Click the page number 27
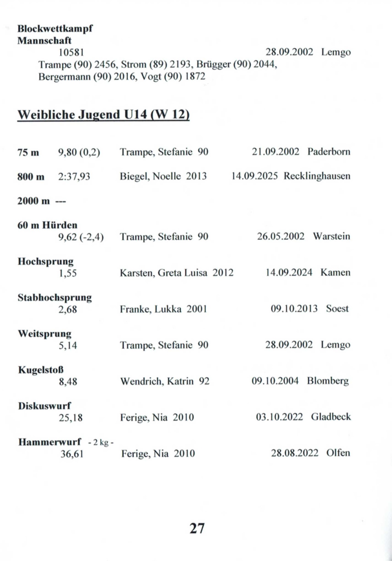click(197, 528)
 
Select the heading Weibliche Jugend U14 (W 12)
click(103, 115)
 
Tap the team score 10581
click(71, 52)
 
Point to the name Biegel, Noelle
click(150, 176)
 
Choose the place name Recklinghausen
click(317, 176)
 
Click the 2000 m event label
click(33, 201)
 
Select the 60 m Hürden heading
click(47, 225)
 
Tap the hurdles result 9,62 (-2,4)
click(81, 237)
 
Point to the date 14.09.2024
click(289, 273)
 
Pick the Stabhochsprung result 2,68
click(67, 310)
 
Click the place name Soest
click(337, 309)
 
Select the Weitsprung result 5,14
click(68, 345)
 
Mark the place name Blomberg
click(328, 381)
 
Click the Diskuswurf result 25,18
click(71, 418)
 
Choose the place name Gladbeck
click(331, 417)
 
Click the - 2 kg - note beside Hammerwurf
click(101, 443)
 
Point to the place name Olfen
click(338, 453)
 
